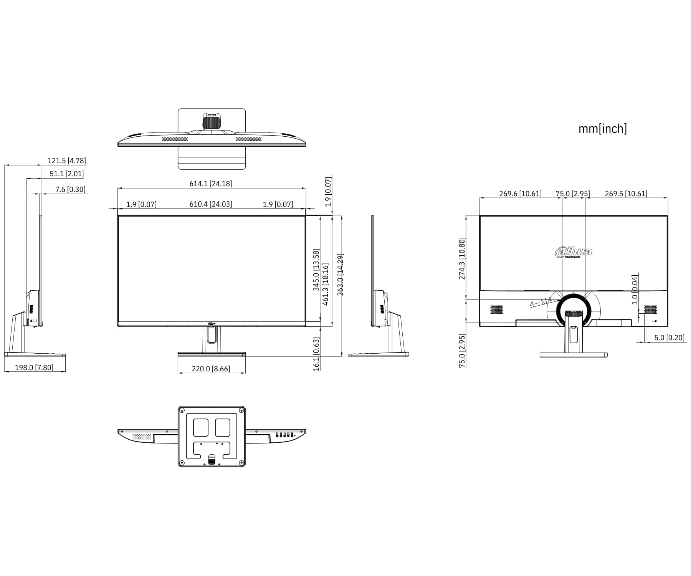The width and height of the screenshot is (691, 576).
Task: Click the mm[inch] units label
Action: pos(602,129)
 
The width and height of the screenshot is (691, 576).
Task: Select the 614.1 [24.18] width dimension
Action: pos(211,184)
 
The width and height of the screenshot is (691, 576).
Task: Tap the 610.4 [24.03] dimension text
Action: pos(211,204)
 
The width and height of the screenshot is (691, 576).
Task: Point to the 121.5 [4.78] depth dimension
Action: pos(66,161)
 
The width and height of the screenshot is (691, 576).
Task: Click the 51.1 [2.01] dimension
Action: pos(66,174)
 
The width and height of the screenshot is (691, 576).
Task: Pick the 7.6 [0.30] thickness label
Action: pos(70,189)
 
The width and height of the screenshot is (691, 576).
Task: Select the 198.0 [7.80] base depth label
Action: pos(34,367)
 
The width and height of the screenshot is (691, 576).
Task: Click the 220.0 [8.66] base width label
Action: pos(211,369)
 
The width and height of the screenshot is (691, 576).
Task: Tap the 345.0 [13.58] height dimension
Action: pos(316,270)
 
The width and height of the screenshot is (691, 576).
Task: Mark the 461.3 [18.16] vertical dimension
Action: pos(326,284)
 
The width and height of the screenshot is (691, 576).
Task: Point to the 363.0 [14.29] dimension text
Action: pos(340,274)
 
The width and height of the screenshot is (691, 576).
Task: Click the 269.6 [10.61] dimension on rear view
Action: pos(520,194)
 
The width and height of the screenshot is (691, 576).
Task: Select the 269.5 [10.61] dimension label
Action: pos(626,194)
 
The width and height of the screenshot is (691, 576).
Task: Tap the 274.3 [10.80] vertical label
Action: pos(462,258)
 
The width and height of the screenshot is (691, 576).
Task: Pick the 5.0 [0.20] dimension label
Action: pos(669,338)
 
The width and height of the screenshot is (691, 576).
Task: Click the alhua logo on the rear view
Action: pos(574,252)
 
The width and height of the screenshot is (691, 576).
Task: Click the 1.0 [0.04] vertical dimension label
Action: pos(635,290)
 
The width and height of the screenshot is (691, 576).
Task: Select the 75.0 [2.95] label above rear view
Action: pos(572,194)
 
